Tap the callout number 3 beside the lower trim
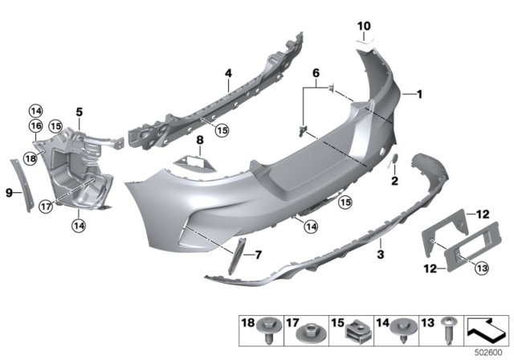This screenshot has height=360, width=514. coord(381,255)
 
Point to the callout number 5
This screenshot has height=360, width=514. coord(80,111)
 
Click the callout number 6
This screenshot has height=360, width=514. coord(316,72)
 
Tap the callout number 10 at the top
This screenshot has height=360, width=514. coord(364,27)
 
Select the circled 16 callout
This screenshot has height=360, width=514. coord(35,125)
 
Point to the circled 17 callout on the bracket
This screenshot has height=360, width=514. coord(45,207)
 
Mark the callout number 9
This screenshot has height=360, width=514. coord(9,192)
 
